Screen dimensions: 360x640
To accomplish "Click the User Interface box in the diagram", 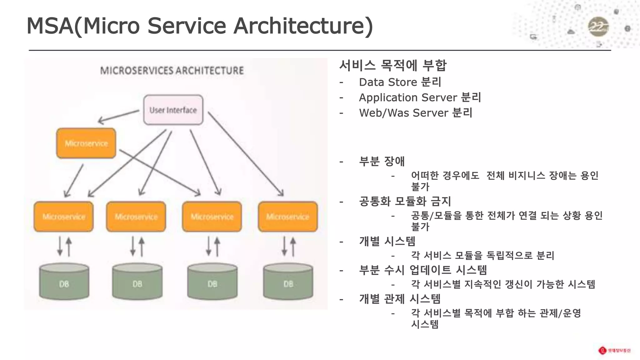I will [173, 110].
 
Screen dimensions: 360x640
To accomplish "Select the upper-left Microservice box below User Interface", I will [86, 143].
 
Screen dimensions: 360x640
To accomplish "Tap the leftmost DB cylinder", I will [64, 281].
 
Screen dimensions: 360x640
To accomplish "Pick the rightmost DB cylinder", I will [288, 281].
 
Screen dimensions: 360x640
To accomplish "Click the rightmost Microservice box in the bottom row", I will [288, 217].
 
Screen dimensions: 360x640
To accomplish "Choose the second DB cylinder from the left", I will [137, 281].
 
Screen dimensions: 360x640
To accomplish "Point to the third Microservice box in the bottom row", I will [212, 217].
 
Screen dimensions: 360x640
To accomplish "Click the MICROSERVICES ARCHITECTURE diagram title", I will [172, 70].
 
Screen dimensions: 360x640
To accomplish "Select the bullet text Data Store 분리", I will [400, 82].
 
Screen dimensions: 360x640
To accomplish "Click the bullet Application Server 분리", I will [420, 97].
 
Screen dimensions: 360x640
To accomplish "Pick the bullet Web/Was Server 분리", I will [415, 113].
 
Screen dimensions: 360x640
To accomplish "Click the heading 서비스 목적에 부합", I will [393, 65].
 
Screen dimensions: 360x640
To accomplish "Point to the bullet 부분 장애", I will [382, 161].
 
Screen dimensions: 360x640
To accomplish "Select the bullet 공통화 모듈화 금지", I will [405, 201].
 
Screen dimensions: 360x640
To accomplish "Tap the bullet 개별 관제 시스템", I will [400, 299].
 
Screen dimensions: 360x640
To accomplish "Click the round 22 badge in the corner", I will [598, 27].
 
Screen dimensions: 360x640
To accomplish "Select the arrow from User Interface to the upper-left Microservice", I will [119, 116].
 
